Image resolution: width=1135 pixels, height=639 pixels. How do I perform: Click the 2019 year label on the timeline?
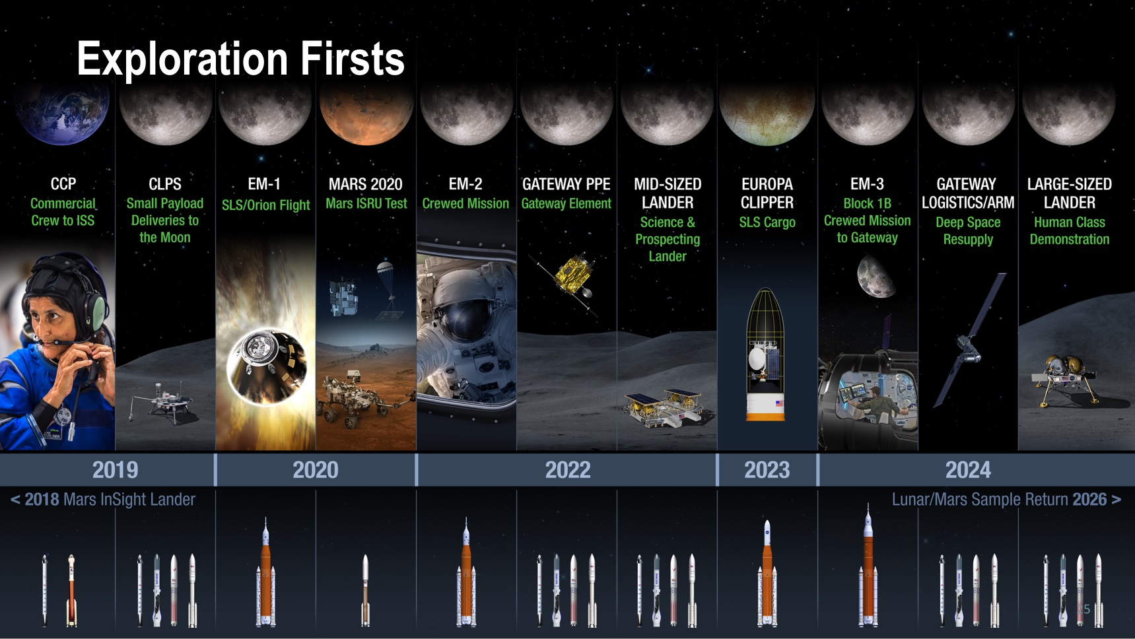[115, 470]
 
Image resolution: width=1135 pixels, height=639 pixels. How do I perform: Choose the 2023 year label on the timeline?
[767, 470]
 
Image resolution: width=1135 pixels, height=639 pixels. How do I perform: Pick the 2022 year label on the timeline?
[567, 470]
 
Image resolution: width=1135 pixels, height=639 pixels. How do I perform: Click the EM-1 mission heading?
[264, 184]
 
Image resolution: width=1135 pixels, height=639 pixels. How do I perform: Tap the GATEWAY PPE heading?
[566, 184]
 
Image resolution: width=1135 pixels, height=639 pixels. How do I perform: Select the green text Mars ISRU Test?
[366, 203]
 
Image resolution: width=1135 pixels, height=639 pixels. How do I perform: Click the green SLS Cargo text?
[767, 222]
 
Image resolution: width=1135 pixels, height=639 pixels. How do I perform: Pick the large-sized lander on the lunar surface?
[1064, 378]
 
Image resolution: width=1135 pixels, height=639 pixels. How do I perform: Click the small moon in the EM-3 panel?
[876, 277]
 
